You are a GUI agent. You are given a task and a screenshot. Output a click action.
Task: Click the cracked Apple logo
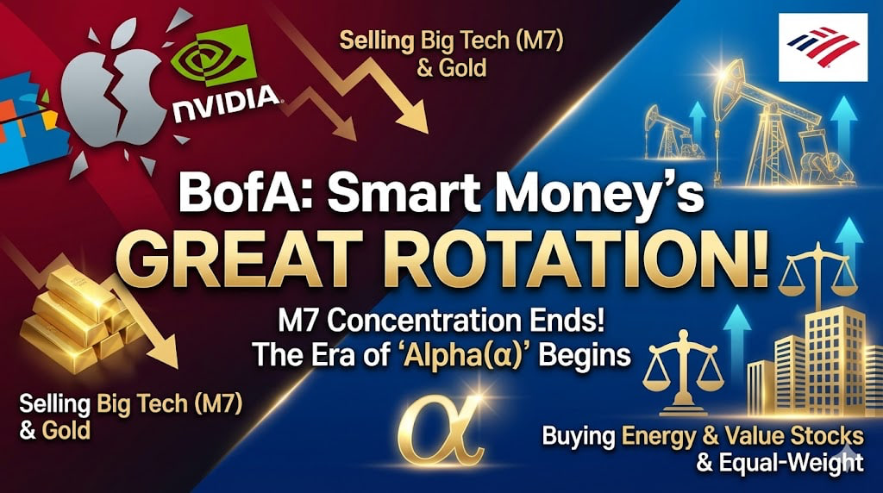coord(108,93)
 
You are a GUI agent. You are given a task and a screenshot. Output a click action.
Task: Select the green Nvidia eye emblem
coord(213,55)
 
